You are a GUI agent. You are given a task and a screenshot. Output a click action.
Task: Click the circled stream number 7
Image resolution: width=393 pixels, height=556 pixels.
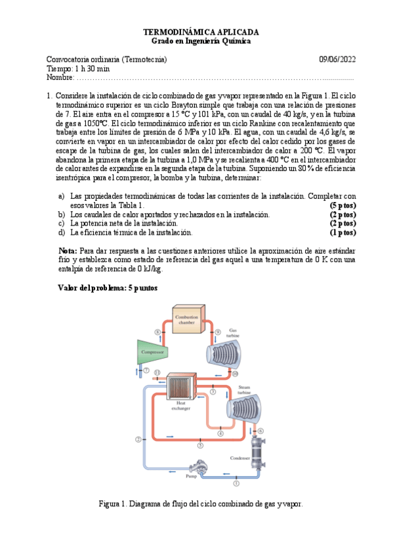146,371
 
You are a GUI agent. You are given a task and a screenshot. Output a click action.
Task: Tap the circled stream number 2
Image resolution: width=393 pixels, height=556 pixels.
138,439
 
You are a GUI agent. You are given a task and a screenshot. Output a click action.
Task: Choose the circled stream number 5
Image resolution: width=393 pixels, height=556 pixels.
200,445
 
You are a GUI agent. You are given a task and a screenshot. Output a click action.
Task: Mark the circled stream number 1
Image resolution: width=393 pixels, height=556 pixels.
236,483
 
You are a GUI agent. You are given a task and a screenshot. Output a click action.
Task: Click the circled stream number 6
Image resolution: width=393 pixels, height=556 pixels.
260,431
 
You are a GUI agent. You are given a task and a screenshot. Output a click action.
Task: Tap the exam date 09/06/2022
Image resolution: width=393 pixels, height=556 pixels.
337,60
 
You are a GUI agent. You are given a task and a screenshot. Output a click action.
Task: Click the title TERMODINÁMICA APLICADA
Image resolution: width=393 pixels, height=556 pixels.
201,31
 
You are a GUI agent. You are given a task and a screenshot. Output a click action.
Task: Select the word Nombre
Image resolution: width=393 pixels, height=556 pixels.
60,78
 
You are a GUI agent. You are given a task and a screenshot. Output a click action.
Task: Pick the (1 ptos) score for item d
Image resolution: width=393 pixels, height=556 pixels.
343,232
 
